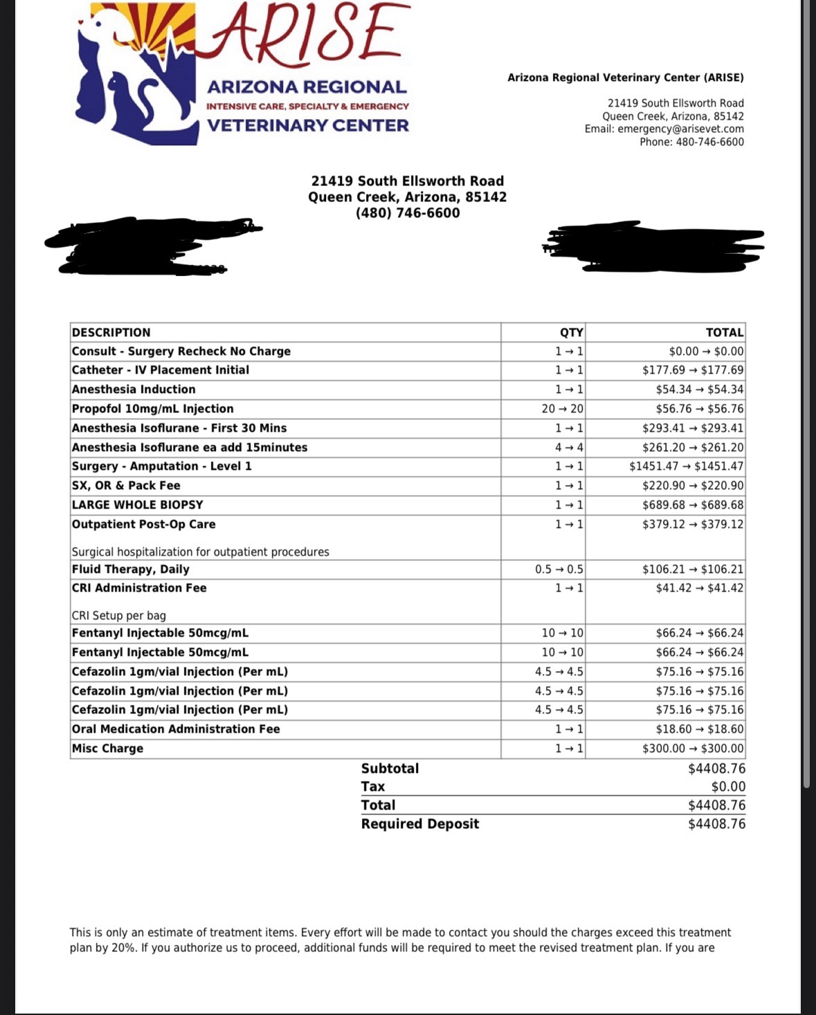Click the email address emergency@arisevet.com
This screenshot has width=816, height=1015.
(680, 129)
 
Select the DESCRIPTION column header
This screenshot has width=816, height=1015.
(111, 332)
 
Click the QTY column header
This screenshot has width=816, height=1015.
(571, 332)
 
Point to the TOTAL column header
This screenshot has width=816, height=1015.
(724, 332)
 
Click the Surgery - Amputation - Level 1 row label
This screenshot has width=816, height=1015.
(162, 466)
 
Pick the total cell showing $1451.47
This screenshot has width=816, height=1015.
(686, 466)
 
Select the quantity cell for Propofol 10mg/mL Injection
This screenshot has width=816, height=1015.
(562, 409)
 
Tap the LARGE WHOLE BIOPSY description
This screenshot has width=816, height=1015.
(137, 505)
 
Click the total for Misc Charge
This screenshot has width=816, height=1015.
(693, 749)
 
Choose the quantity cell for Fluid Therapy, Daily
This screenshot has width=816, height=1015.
(559, 569)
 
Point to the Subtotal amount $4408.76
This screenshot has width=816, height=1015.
(716, 769)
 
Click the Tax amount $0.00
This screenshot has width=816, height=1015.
(728, 787)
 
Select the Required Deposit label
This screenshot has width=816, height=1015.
(419, 824)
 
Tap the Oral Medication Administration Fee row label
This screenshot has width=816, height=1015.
(176, 729)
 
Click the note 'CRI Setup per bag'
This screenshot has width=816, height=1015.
(119, 616)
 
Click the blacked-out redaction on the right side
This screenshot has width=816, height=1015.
(654, 246)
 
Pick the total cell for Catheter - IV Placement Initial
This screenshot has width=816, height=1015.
(693, 370)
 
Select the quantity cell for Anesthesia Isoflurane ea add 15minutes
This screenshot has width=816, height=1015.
(569, 448)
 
